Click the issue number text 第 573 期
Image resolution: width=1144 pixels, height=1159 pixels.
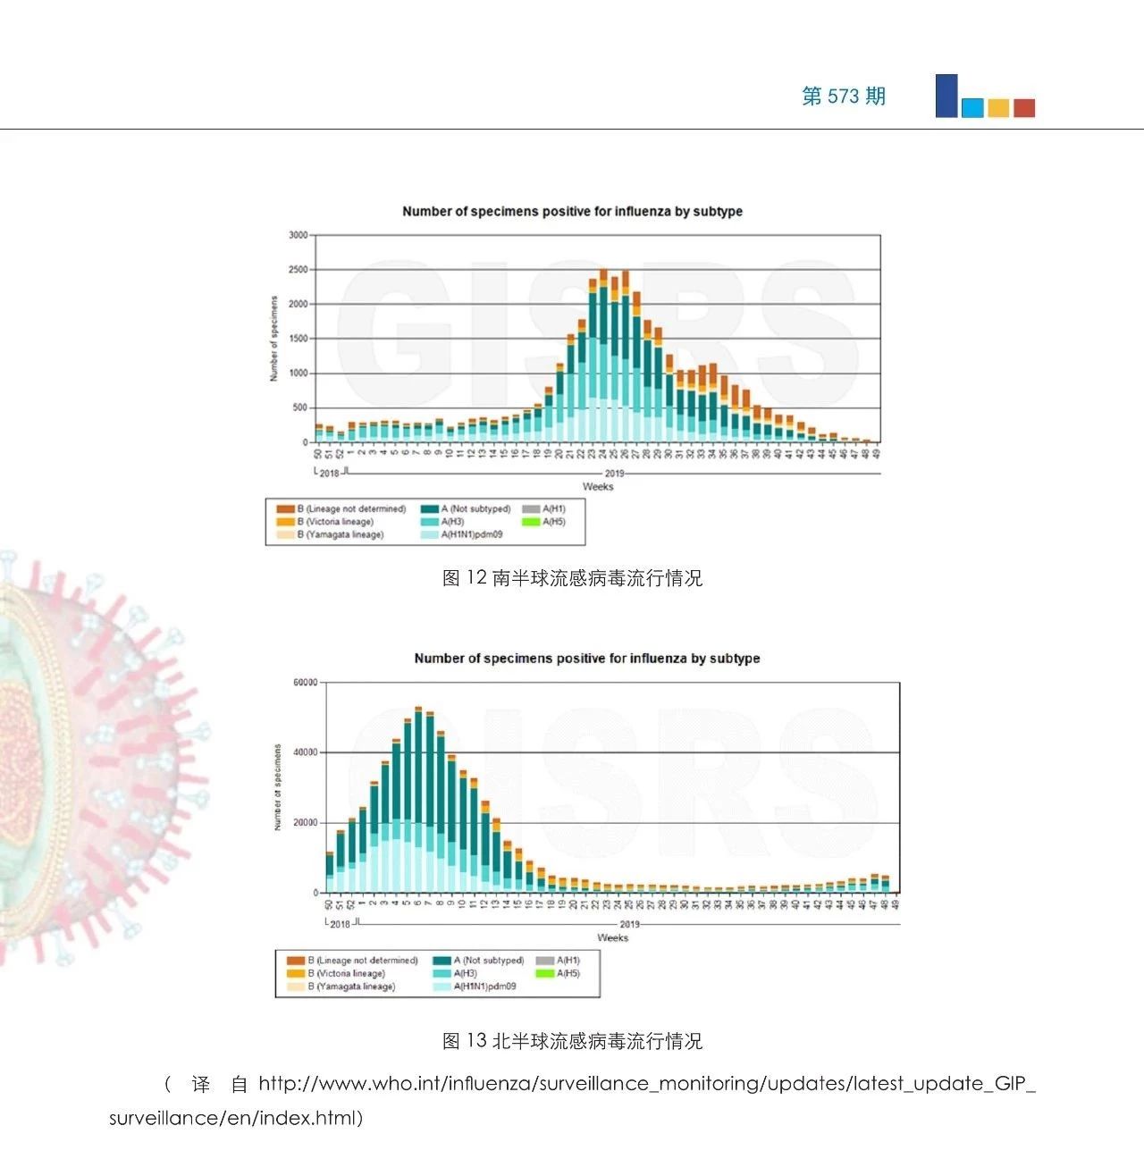844,97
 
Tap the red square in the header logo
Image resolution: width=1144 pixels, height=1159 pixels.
1024,108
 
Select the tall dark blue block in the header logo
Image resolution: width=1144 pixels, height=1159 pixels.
946,96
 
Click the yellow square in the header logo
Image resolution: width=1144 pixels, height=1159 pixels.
998,108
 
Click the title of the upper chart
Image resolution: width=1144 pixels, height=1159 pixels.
572,212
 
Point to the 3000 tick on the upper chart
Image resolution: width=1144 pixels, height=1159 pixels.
298,235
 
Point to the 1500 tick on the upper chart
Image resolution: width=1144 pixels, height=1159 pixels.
298,339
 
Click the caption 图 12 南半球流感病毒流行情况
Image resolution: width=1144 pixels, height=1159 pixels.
572,578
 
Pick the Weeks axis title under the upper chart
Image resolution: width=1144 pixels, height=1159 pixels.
598,486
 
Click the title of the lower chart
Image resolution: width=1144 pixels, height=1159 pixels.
586,659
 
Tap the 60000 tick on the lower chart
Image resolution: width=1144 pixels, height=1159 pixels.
305,683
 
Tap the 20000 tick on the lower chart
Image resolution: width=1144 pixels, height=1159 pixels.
305,822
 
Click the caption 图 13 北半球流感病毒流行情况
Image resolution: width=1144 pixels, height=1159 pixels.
572,1040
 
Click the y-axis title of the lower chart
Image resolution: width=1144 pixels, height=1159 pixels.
277,787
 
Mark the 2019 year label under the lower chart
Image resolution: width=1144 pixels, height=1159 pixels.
629,924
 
